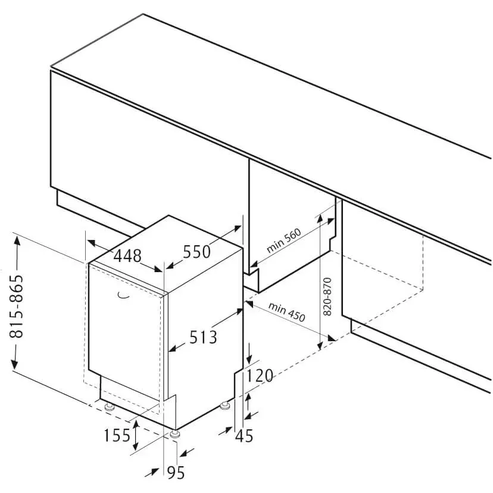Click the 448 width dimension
[127, 256]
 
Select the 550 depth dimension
[197, 252]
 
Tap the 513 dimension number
[203, 338]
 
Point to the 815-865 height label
[16, 307]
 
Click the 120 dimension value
[259, 376]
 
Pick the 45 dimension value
[244, 436]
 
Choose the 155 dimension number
[117, 435]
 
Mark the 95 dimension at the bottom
[176, 472]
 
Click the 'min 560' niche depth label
[284, 241]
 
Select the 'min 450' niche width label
[287, 312]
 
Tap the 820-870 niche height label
[327, 297]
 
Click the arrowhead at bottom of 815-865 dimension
[15, 363]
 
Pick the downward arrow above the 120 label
[249, 354]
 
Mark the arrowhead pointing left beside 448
[92, 242]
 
